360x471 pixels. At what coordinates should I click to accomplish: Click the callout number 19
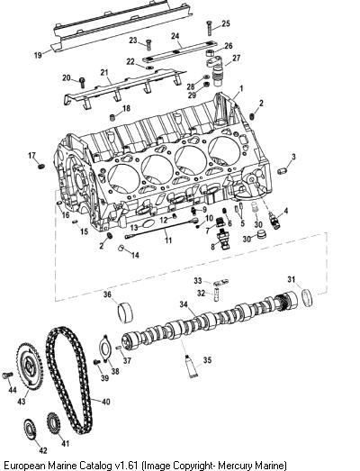[38, 55]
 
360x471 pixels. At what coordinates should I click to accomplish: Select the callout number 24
[175, 36]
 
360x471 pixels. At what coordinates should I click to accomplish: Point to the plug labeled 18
[112, 117]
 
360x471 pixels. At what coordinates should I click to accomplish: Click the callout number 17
[32, 156]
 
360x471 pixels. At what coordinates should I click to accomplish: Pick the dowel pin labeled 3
[282, 171]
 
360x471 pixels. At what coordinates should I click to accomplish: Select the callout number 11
[168, 240]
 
